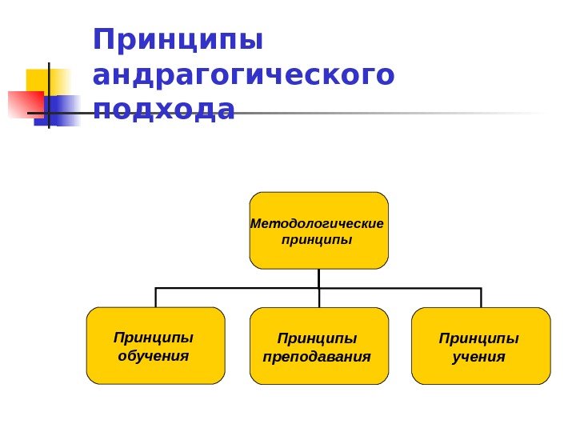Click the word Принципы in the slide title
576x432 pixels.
click(x=178, y=40)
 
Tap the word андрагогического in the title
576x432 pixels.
click(x=243, y=76)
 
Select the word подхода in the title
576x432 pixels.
click(x=164, y=110)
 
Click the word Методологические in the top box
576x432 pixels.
click(x=318, y=223)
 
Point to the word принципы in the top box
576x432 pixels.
click(x=318, y=239)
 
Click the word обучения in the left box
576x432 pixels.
click(x=154, y=354)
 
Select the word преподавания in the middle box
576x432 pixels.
click(x=318, y=356)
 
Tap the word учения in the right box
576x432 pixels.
click(x=478, y=356)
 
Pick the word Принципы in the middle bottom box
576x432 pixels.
click(x=318, y=339)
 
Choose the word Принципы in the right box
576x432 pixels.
click(x=478, y=338)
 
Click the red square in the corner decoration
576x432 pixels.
click(x=24, y=104)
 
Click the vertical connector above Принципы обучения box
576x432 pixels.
click(x=155, y=297)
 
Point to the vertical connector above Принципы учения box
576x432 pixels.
click(x=481, y=297)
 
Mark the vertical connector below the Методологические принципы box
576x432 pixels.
click(x=318, y=278)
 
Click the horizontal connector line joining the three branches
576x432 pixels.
click(x=240, y=287)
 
